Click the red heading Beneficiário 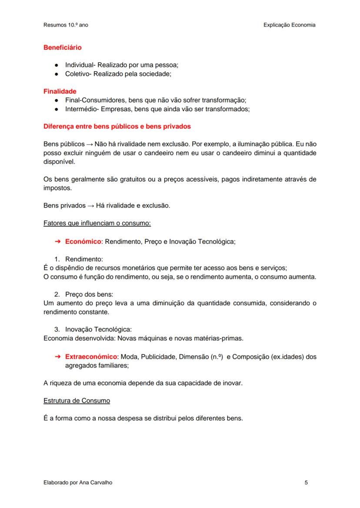[x=62, y=47]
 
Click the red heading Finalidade [x=60, y=91]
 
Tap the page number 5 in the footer [x=307, y=482]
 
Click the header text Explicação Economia [x=289, y=25]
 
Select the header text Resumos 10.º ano [x=66, y=25]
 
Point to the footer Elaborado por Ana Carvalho [x=78, y=482]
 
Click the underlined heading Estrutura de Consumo [x=77, y=400]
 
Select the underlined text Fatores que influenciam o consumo [x=97, y=223]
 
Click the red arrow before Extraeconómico [x=57, y=357]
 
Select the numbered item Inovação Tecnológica [x=98, y=329]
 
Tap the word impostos [x=57, y=188]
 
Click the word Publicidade [x=157, y=357]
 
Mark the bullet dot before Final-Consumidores [x=57, y=100]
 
